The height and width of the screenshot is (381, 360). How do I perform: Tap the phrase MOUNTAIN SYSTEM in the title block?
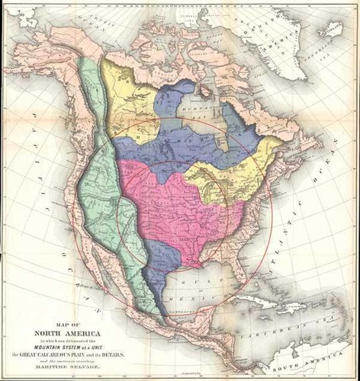(56, 344)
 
